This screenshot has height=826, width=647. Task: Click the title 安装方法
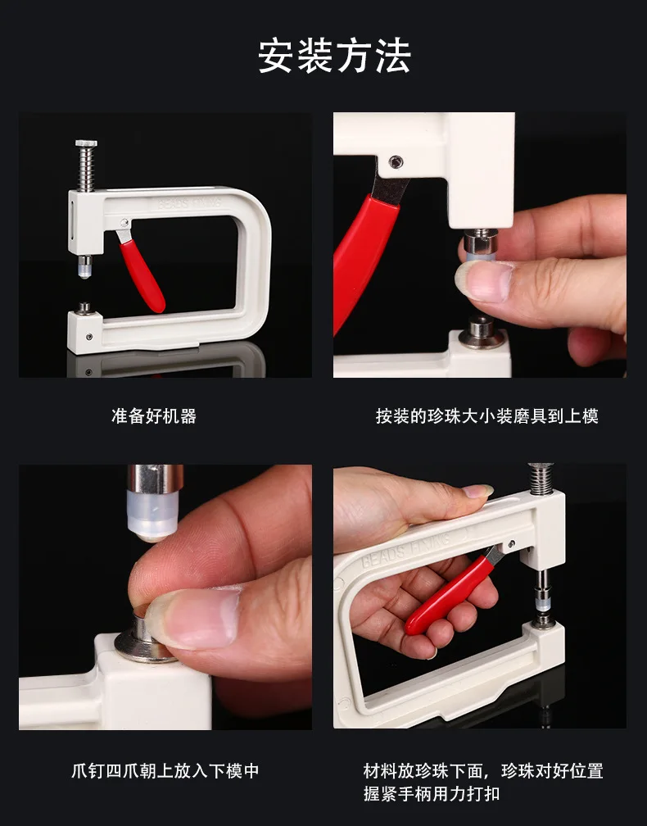[334, 57]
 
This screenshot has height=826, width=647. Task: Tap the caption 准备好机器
[154, 416]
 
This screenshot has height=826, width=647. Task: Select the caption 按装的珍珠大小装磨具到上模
[486, 416]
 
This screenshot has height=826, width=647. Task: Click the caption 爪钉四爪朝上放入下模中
[165, 771]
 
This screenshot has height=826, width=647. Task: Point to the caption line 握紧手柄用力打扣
[431, 794]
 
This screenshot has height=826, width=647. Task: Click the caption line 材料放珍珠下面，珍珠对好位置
[483, 771]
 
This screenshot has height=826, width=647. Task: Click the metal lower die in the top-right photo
[481, 333]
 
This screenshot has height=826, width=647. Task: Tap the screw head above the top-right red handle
[397, 161]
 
